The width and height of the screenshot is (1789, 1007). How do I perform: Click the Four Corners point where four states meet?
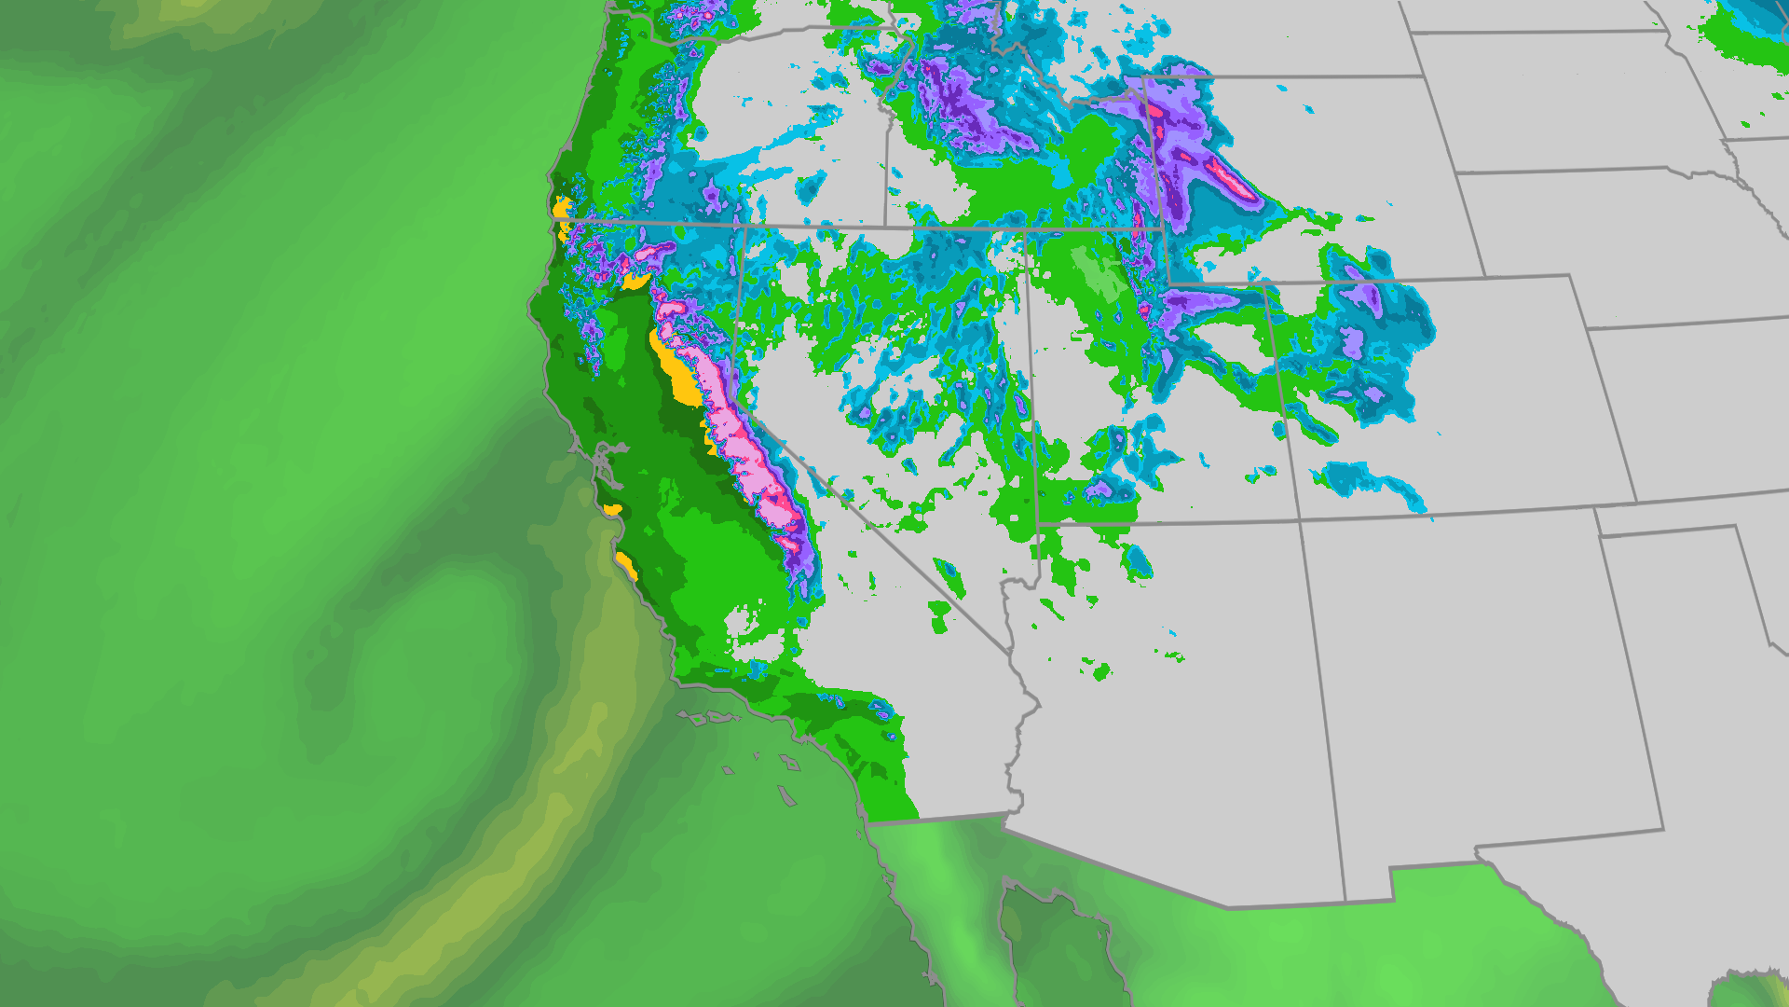pyautogui.click(x=1300, y=522)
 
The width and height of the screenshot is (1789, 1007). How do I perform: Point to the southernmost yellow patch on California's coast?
pyautogui.click(x=626, y=565)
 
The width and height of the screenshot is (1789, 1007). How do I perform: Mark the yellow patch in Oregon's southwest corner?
pyautogui.click(x=561, y=207)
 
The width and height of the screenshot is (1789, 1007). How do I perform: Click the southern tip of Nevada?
pyautogui.click(x=1010, y=650)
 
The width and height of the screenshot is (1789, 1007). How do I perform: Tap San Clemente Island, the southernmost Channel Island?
pyautogui.click(x=787, y=796)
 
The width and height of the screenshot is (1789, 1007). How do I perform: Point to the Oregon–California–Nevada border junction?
pyautogui.click(x=743, y=225)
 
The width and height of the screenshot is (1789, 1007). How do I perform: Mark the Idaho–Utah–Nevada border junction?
pyautogui.click(x=1025, y=229)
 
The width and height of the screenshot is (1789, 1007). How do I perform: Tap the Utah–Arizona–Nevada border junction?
pyautogui.click(x=1037, y=526)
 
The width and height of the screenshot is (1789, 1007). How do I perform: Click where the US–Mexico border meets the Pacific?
pyautogui.click(x=867, y=823)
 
